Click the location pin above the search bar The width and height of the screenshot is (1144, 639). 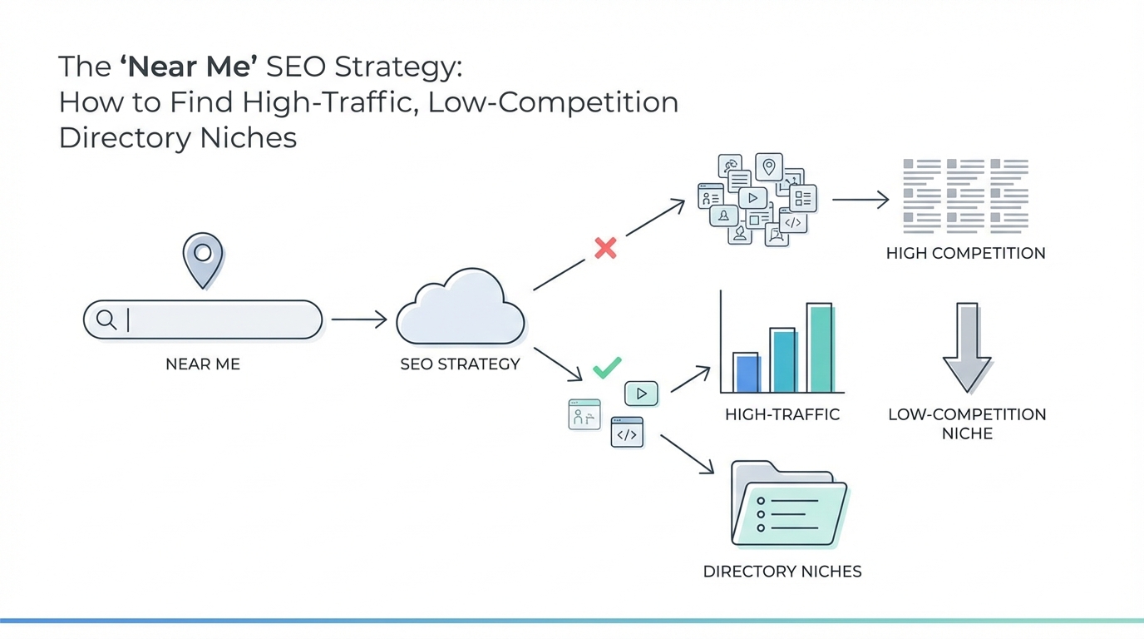click(203, 258)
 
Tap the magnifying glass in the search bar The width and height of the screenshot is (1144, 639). click(106, 319)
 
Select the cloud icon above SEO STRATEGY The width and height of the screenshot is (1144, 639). click(460, 310)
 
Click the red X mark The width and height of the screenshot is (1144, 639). click(605, 247)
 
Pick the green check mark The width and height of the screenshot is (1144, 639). click(607, 366)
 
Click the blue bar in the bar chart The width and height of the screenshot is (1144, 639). click(747, 373)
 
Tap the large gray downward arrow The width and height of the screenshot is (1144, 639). click(966, 347)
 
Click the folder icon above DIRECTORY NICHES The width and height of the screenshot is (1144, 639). click(787, 505)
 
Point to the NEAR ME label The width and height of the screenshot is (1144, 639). click(203, 364)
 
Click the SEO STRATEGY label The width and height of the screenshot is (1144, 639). click(460, 364)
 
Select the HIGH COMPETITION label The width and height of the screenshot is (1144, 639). click(965, 253)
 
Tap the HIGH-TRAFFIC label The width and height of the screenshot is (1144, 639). click(782, 414)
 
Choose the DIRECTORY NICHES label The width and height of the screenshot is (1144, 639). click(782, 572)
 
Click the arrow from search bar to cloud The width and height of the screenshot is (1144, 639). click(359, 319)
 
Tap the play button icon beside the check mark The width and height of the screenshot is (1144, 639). click(641, 394)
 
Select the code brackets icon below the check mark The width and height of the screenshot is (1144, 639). click(627, 433)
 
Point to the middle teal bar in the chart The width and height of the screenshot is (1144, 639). click(783, 360)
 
